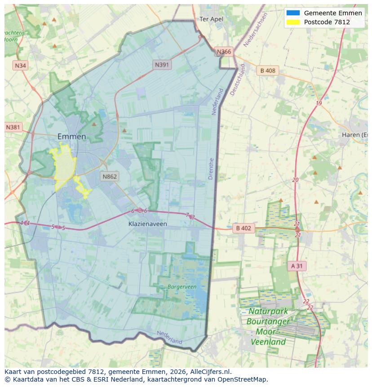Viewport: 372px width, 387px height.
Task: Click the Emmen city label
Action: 71,136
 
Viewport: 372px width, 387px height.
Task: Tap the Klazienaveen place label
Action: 147,223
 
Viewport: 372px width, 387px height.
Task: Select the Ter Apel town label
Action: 211,19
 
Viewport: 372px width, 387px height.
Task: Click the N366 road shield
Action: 224,52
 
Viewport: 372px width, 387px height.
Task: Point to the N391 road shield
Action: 162,65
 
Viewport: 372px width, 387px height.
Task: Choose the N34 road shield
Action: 20,66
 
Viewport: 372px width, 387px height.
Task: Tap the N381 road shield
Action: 13,127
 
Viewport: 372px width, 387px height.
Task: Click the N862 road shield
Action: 109,176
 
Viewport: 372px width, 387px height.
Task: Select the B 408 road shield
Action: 268,71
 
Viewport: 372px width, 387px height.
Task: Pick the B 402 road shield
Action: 244,228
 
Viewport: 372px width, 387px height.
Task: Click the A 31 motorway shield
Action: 297,266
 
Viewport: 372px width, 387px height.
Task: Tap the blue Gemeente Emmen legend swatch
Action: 292,13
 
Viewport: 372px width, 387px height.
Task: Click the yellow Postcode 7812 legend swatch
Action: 292,22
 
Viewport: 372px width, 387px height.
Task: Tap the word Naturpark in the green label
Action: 268,311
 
